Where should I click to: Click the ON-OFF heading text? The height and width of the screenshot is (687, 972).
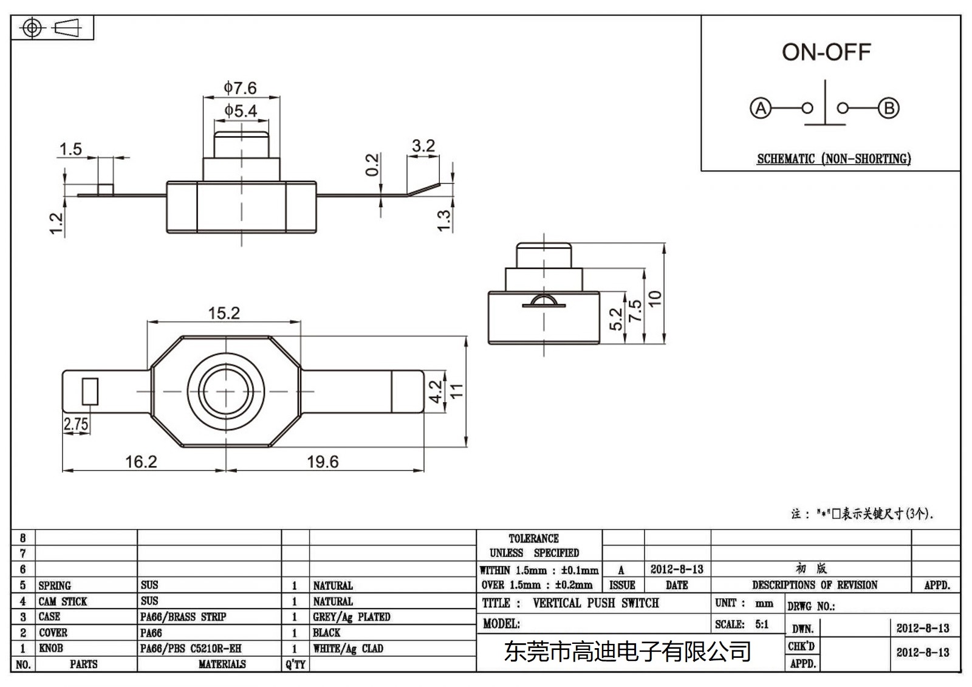point(826,52)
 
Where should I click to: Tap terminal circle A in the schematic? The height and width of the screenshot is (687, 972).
point(760,109)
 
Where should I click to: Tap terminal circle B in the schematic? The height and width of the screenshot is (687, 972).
point(889,109)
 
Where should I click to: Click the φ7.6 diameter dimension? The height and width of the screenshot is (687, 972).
point(240,88)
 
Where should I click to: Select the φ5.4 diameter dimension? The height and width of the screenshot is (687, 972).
point(241,111)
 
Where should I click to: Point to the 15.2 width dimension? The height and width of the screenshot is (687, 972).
point(224,313)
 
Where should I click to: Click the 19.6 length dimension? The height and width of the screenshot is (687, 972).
point(323,462)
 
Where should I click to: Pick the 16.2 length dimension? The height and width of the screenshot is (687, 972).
point(141,462)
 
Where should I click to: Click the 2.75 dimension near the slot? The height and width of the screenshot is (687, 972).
point(76,424)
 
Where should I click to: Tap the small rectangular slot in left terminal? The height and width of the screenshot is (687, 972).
point(90,391)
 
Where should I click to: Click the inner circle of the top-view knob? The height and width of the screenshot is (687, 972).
point(225,391)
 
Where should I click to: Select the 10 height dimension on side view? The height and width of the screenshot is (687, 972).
point(655,298)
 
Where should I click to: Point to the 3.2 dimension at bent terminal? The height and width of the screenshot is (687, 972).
point(423,146)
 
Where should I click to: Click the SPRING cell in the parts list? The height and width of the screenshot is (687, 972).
point(55,586)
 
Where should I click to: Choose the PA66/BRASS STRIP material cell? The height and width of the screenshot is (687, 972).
point(183,617)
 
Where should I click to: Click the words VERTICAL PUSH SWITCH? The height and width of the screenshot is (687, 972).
point(595,603)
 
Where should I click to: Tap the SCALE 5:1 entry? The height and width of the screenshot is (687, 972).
point(742,624)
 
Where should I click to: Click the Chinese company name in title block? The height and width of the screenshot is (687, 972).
point(628,652)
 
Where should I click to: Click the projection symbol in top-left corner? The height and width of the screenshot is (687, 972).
point(52,28)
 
